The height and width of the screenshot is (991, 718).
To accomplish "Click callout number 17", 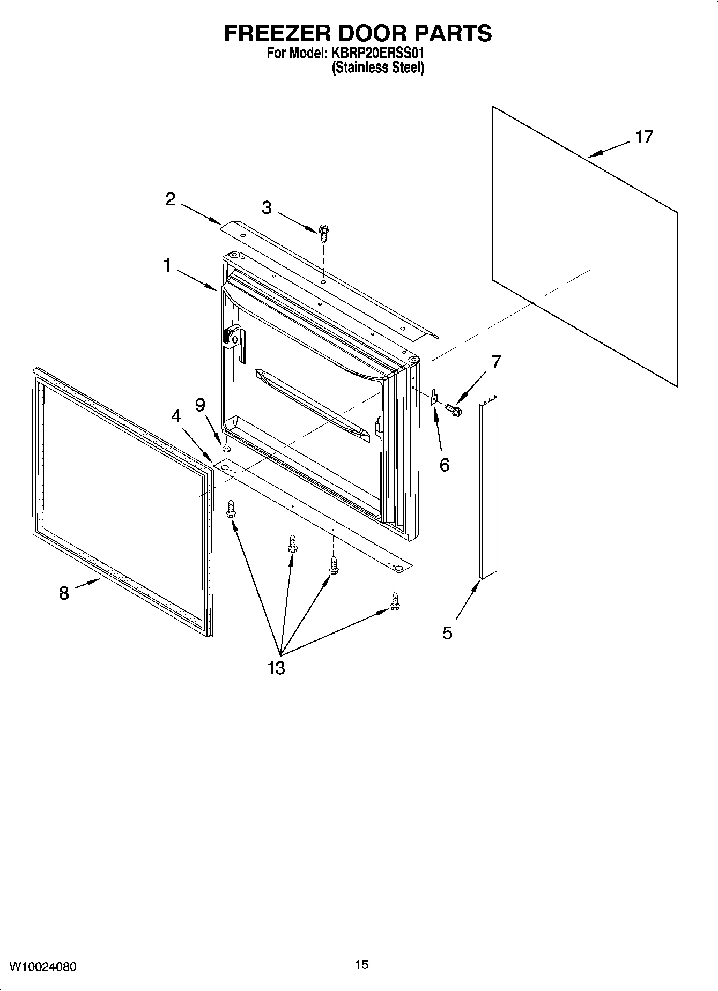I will click(644, 137).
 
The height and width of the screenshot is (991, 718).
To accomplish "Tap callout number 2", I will click(170, 200).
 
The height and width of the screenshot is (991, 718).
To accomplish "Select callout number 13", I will click(277, 668).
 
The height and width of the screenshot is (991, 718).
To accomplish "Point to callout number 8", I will click(64, 593).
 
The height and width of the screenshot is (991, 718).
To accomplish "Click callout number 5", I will click(447, 633).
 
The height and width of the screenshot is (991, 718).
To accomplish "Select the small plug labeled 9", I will click(226, 446).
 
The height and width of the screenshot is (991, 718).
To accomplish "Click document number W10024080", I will click(43, 966).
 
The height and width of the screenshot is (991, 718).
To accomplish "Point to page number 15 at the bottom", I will click(361, 965).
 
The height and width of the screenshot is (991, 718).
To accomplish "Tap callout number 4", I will click(176, 416).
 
